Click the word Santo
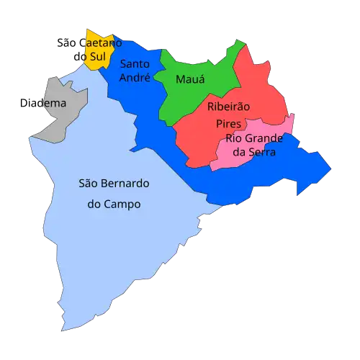pos(135,63)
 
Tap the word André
pos(135,77)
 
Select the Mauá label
pos(189,79)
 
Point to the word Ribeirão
pos(228,107)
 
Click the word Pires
pos(228,123)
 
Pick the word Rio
pos(234,138)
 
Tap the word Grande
pos(264,138)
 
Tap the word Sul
pos(98,56)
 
